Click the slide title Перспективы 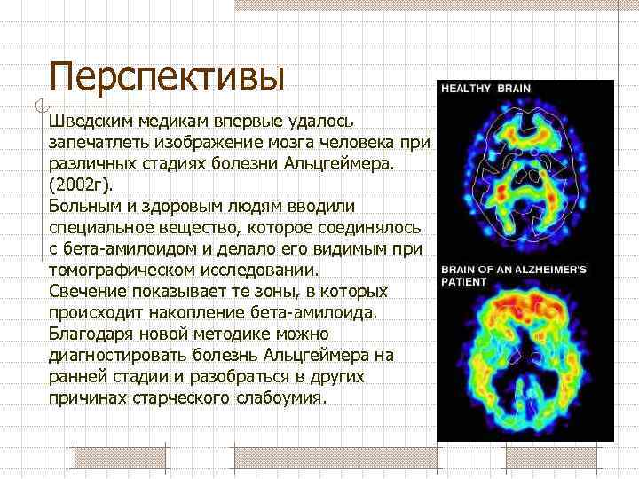pos(167,75)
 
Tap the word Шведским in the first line pos(87,120)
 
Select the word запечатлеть pos(93,142)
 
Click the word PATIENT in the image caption pos(464,281)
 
